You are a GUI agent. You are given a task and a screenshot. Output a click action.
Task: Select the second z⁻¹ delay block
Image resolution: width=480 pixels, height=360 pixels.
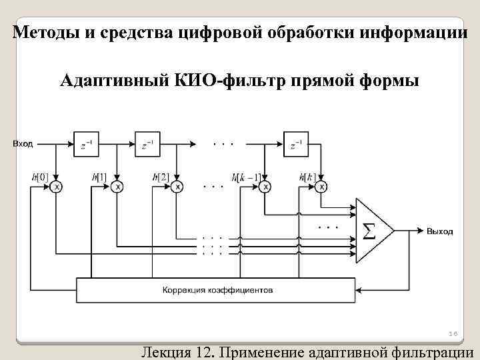pos(149,143)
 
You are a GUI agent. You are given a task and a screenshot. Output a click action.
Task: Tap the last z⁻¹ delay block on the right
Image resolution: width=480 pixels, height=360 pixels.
pos(296,143)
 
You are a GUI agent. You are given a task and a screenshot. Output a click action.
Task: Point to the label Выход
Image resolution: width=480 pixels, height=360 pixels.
pos(440,231)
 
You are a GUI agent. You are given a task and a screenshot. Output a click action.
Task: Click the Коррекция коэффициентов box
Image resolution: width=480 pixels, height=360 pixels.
pos(217,290)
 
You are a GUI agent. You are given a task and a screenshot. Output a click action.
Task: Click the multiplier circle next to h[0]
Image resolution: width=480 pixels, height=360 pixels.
pos(57,187)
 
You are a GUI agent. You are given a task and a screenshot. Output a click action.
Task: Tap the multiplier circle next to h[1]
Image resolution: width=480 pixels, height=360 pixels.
pos(117,187)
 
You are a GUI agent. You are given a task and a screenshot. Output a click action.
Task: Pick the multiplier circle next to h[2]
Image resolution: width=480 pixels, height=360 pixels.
pos(177,187)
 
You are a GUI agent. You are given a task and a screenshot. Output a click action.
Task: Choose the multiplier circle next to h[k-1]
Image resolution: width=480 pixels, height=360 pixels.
pos(266,187)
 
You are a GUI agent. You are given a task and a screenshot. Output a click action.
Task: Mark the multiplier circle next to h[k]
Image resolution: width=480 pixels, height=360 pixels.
pos(322,187)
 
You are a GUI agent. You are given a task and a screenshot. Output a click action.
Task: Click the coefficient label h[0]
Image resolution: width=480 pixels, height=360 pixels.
pos(39,177)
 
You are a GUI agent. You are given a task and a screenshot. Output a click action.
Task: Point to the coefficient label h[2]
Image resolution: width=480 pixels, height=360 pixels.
pos(161,177)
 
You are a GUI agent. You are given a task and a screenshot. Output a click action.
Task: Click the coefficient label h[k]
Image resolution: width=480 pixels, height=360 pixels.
pos(307,177)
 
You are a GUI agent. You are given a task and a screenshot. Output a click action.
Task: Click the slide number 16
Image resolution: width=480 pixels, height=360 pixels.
pos(451,333)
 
